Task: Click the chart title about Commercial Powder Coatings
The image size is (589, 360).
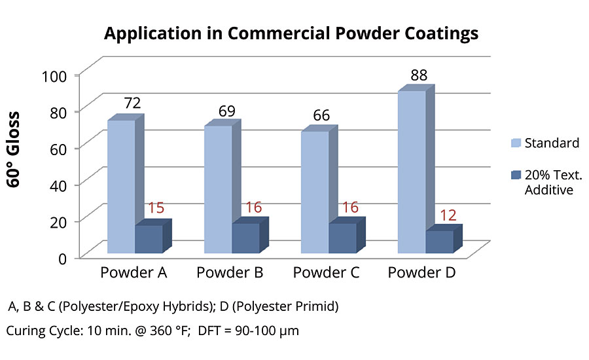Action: point(294,34)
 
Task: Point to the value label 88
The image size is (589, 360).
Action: point(419,75)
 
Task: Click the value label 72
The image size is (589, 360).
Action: point(128,103)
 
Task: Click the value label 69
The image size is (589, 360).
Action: point(227,111)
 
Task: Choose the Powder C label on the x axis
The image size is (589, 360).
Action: point(326,272)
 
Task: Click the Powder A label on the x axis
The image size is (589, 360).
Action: point(134,272)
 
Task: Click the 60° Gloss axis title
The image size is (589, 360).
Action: point(14,150)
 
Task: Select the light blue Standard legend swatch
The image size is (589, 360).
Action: point(515,143)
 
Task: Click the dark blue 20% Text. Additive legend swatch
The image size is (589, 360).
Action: point(515,175)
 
